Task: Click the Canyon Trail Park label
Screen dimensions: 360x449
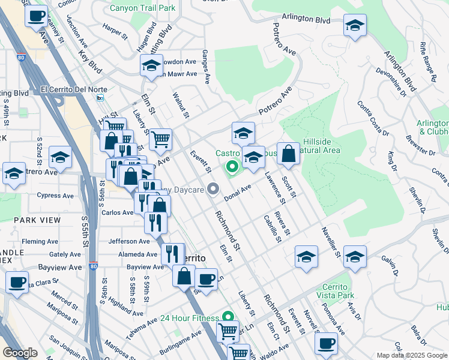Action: click(x=143, y=9)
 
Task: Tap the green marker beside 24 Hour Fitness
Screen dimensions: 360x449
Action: click(x=228, y=316)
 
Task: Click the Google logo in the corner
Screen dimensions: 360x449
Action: click(x=20, y=353)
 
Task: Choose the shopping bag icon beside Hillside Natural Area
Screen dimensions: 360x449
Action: click(x=289, y=154)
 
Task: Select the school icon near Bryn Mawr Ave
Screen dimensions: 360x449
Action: click(x=151, y=65)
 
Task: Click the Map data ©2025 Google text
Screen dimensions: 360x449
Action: click(x=411, y=355)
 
